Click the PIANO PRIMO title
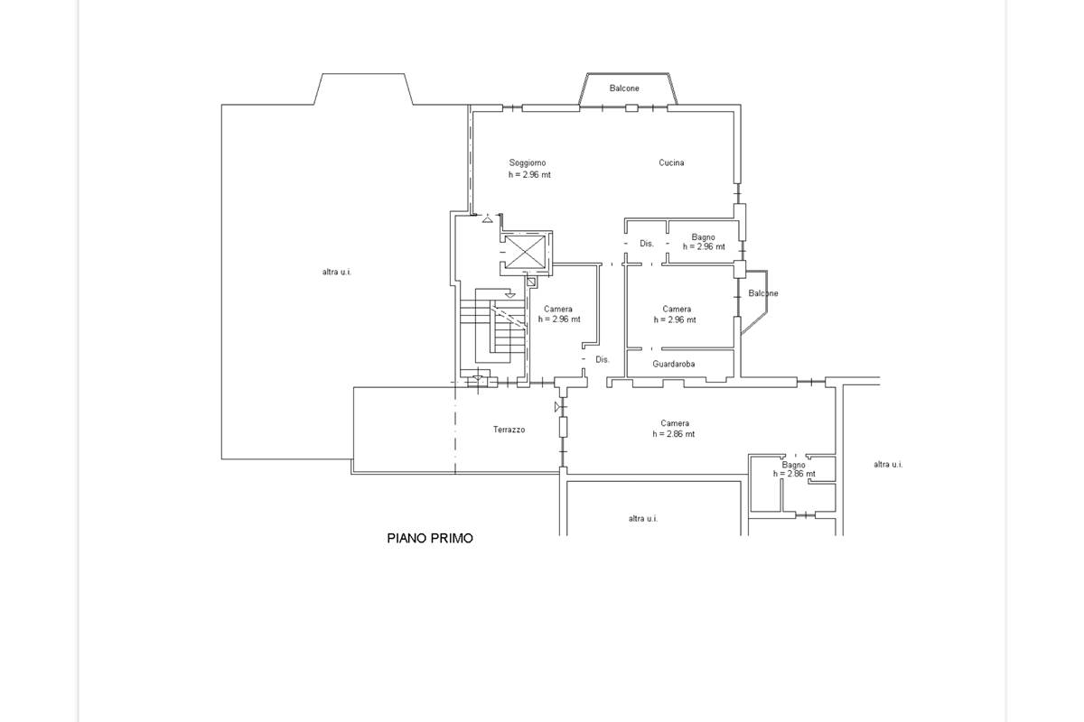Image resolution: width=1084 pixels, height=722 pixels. click(x=430, y=538)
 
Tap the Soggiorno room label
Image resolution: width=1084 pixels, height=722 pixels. click(x=527, y=163)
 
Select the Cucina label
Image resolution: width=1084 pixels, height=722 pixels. click(x=671, y=162)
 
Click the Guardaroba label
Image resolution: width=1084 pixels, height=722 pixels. click(x=674, y=364)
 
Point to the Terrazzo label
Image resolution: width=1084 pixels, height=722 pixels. click(x=509, y=430)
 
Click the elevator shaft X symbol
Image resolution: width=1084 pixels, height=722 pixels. click(x=525, y=252)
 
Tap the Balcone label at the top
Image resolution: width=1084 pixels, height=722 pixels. click(x=624, y=88)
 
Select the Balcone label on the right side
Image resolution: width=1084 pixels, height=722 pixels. click(x=763, y=293)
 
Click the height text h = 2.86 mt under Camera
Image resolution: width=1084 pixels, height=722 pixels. click(x=673, y=434)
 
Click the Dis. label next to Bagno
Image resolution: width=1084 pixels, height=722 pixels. click(x=647, y=244)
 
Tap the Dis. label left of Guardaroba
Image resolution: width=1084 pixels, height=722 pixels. click(x=602, y=359)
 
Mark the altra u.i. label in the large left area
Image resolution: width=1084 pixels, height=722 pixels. click(x=337, y=272)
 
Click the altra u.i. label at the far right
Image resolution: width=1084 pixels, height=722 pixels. click(x=888, y=464)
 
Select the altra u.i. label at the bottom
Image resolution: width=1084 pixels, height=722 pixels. click(x=643, y=518)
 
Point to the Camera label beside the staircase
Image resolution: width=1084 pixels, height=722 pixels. click(x=558, y=309)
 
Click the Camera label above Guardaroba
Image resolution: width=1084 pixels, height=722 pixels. click(x=677, y=309)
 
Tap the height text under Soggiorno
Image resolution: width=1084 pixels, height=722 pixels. click(x=529, y=174)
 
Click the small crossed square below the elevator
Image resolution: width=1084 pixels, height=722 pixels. click(x=531, y=282)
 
